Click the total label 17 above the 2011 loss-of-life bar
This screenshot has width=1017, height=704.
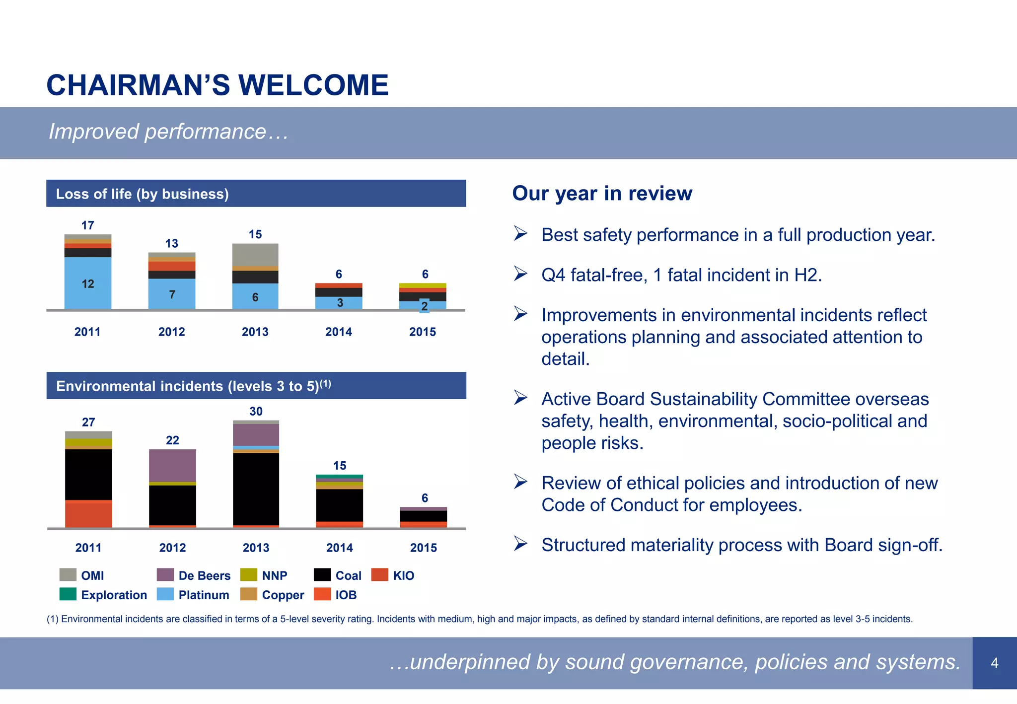point(88,225)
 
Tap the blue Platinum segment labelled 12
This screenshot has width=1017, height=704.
point(88,283)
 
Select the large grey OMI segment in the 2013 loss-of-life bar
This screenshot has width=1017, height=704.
point(255,255)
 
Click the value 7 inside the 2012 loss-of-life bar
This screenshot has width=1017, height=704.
point(172,294)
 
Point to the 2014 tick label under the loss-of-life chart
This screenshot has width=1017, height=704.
point(339,332)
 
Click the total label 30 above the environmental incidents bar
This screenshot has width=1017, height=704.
point(256,411)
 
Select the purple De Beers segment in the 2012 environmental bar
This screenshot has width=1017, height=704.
point(172,465)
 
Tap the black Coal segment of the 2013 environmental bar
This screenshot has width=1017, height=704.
point(256,489)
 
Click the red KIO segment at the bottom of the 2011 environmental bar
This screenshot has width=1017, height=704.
point(88,514)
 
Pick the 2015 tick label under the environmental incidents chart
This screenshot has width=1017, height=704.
point(424,548)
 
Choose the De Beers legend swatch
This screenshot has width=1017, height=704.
point(165,575)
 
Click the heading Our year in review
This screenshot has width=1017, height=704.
point(602,193)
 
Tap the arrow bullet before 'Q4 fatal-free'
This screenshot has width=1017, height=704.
point(520,274)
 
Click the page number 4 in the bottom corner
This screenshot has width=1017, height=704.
point(994,663)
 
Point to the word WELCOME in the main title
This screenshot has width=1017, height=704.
point(313,85)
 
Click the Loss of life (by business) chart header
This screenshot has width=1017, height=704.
point(142,194)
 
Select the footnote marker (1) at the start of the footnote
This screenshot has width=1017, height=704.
point(52,619)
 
